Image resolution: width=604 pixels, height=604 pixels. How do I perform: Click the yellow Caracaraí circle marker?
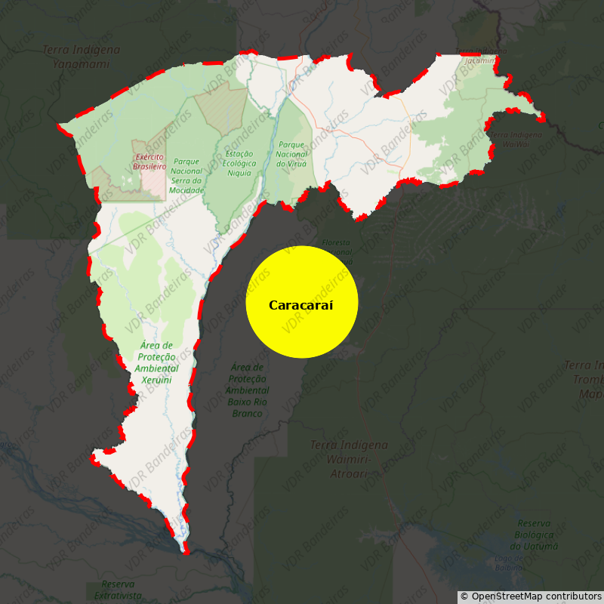[x=302, y=302]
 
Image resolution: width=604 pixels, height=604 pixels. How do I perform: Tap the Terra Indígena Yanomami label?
[x=81, y=57]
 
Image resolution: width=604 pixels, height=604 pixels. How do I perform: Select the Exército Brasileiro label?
[x=149, y=161]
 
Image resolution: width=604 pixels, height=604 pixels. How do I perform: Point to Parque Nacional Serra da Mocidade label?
[x=186, y=175]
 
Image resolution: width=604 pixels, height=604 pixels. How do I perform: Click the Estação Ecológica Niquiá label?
[x=239, y=163]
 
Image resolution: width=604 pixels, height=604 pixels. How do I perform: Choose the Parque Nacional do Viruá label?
[x=291, y=154]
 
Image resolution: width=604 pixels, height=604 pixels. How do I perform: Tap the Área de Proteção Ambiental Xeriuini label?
[x=157, y=362]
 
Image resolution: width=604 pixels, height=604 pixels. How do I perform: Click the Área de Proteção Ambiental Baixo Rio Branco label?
[x=247, y=390]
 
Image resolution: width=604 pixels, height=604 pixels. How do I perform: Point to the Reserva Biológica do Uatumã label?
[x=534, y=535]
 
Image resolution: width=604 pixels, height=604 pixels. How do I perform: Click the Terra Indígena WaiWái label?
[x=516, y=139]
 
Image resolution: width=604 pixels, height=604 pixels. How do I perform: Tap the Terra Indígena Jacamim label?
[x=480, y=56]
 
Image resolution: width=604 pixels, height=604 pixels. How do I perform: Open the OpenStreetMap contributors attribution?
[x=531, y=596]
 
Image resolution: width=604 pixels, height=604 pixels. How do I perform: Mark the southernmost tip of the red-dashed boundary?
[x=184, y=553]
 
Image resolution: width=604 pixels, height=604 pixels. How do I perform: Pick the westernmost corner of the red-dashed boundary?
[x=59, y=125]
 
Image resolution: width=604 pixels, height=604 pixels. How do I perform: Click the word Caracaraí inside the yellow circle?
[x=301, y=305]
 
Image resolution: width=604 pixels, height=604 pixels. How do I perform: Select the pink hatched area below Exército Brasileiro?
[x=153, y=182]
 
